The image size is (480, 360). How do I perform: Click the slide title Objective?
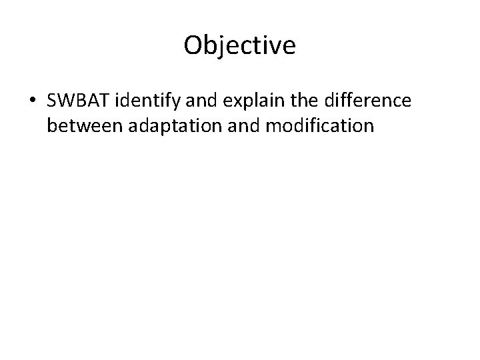pos(239,46)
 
